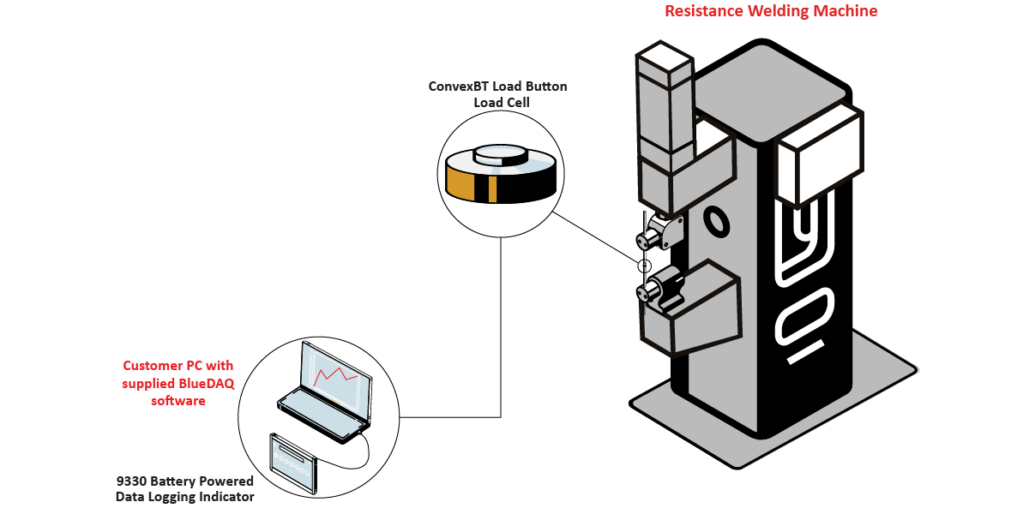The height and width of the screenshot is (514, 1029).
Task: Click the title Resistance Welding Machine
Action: [x=771, y=11]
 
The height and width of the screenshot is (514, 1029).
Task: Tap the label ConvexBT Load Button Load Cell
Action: [x=497, y=94]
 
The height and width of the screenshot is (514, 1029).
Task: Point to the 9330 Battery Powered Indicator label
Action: [x=185, y=488]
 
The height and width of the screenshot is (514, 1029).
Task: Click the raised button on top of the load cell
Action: [x=500, y=155]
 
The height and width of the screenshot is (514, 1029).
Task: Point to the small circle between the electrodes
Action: [x=645, y=265]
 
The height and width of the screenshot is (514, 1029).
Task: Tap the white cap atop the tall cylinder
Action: [x=664, y=62]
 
